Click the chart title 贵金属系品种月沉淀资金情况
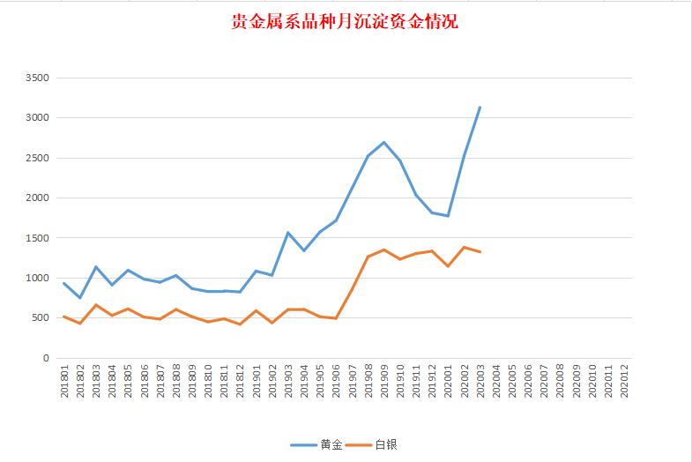(x=345, y=21)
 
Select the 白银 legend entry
(x=385, y=443)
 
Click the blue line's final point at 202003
(x=480, y=108)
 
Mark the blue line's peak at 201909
(x=383, y=142)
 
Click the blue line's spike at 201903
(x=288, y=233)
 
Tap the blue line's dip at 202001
(x=448, y=216)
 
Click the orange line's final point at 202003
(x=480, y=252)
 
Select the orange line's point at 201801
(x=64, y=317)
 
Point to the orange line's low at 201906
(x=336, y=318)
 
